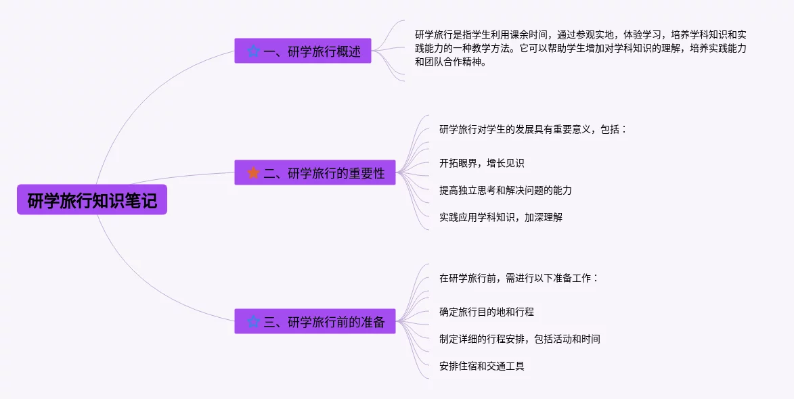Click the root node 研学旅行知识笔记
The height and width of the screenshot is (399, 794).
click(x=92, y=200)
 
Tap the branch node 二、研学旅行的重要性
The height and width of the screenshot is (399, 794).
click(x=315, y=173)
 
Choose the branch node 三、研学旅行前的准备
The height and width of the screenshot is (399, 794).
click(x=315, y=322)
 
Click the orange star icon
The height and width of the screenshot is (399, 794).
click(x=253, y=173)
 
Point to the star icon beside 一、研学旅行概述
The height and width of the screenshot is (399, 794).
click(x=253, y=51)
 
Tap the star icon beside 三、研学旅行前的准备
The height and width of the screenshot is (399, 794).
click(x=253, y=322)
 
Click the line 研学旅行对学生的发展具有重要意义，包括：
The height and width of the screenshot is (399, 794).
click(x=533, y=129)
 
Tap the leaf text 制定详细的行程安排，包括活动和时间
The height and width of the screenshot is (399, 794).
click(x=519, y=339)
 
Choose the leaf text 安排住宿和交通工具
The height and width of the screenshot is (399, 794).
click(x=481, y=366)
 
